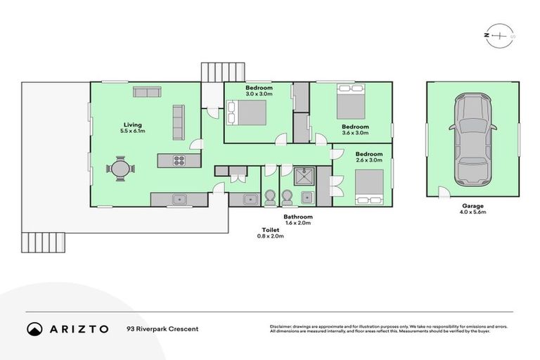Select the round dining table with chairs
click(x=118, y=168)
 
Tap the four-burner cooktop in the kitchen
click(x=179, y=160)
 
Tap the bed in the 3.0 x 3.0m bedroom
click(x=247, y=112)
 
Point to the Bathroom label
click(x=298, y=217)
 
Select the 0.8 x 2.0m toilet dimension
click(x=270, y=236)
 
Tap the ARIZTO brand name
click(x=78, y=328)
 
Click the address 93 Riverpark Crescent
click(x=162, y=329)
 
